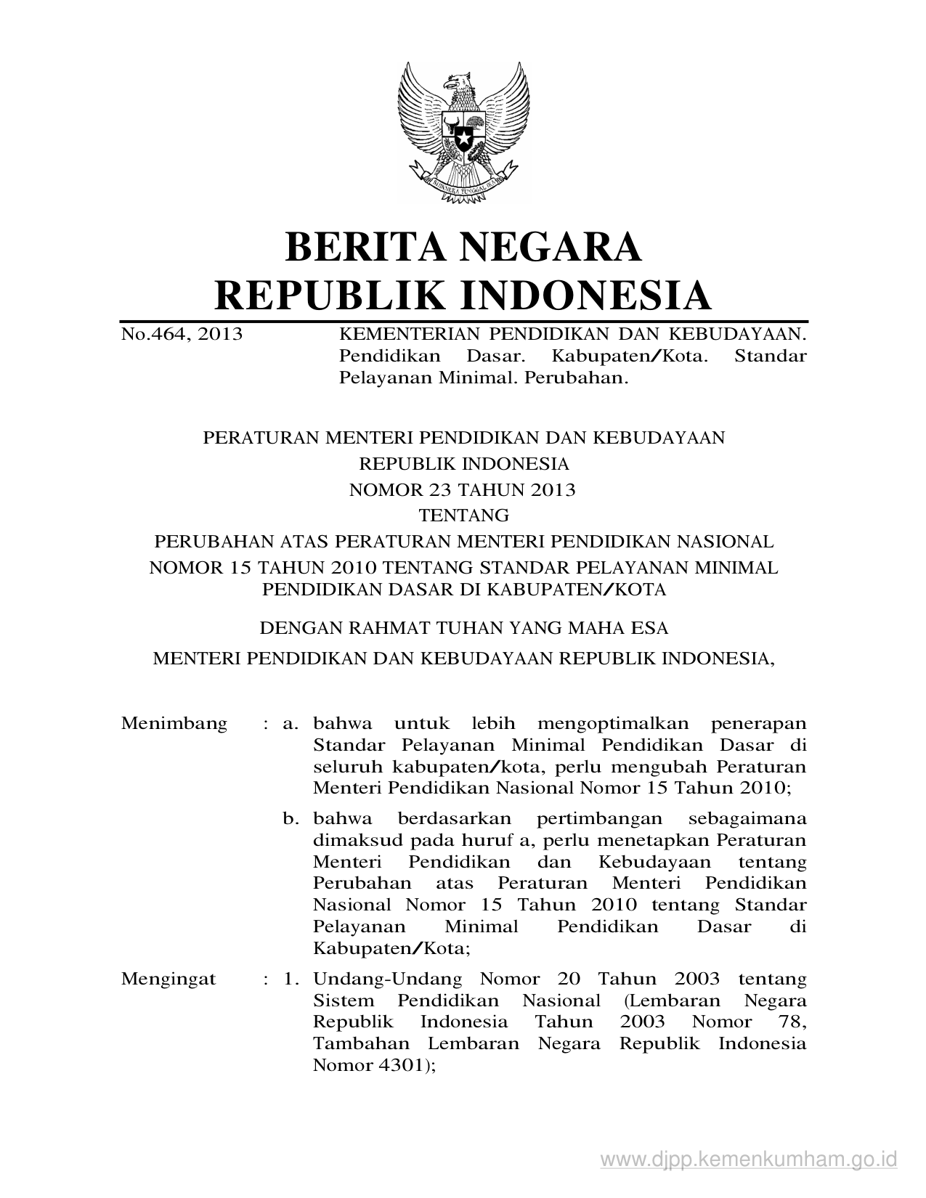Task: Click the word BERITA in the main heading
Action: [363, 247]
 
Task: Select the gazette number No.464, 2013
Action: [182, 335]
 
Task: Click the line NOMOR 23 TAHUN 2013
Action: [463, 490]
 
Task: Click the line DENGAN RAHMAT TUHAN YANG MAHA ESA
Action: [463, 627]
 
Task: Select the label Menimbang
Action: [174, 724]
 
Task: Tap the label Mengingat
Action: [168, 979]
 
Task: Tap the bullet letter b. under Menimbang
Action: [291, 819]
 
